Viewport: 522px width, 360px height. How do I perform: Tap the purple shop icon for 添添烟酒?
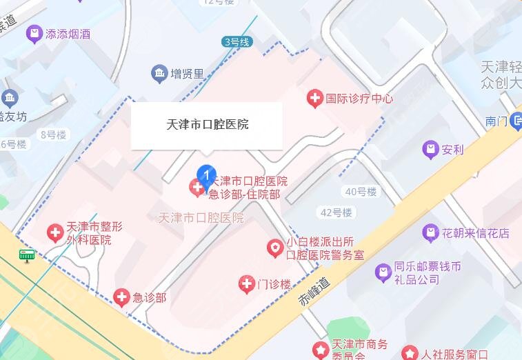point(32,32)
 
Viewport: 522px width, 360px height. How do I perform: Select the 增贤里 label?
point(188,72)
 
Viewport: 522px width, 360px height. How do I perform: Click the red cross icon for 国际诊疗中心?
point(314,99)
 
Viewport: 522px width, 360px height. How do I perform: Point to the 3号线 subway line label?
point(236,42)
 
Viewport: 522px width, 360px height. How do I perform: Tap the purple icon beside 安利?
point(430,148)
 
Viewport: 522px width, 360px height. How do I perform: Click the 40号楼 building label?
point(359,191)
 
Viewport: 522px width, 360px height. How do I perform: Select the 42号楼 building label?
point(336,212)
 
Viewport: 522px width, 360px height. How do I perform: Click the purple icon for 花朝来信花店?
point(430,233)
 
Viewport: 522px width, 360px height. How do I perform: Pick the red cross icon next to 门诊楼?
point(246,283)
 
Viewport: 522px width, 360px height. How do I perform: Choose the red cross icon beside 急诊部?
point(121,297)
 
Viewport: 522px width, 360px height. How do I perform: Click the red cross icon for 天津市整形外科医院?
point(54,233)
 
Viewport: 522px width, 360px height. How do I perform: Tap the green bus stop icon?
point(27,257)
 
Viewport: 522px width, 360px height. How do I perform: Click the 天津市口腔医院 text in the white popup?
point(208,125)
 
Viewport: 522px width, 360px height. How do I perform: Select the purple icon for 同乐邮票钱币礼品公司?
point(383,273)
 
